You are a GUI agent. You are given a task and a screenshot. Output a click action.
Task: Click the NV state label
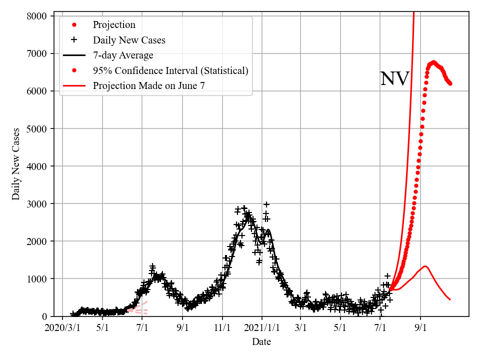394,79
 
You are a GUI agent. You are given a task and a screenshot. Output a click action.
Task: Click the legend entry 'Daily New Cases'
129,40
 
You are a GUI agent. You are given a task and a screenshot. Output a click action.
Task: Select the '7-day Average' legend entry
123,55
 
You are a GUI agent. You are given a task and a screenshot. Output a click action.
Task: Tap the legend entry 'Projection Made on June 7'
149,85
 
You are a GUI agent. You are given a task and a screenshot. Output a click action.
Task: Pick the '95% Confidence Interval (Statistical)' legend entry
170,70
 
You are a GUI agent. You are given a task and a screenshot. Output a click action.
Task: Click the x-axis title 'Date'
261,342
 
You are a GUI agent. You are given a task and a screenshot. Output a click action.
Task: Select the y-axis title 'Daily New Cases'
16,164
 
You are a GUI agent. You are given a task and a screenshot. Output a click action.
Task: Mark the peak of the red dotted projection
433,62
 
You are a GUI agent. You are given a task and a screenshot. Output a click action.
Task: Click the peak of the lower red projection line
425,266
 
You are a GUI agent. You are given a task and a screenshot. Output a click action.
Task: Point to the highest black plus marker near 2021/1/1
266,204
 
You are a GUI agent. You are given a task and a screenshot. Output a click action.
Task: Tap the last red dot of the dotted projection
450,83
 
